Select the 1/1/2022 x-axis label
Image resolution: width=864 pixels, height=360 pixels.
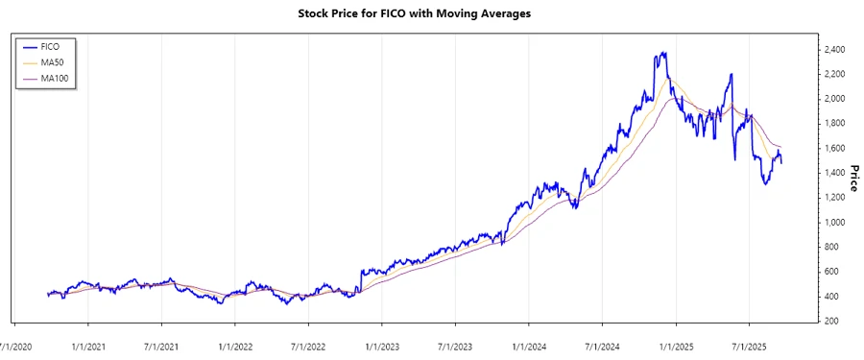236,341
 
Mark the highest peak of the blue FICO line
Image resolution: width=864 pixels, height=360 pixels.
664,52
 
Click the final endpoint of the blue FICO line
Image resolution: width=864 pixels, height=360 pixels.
780,163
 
